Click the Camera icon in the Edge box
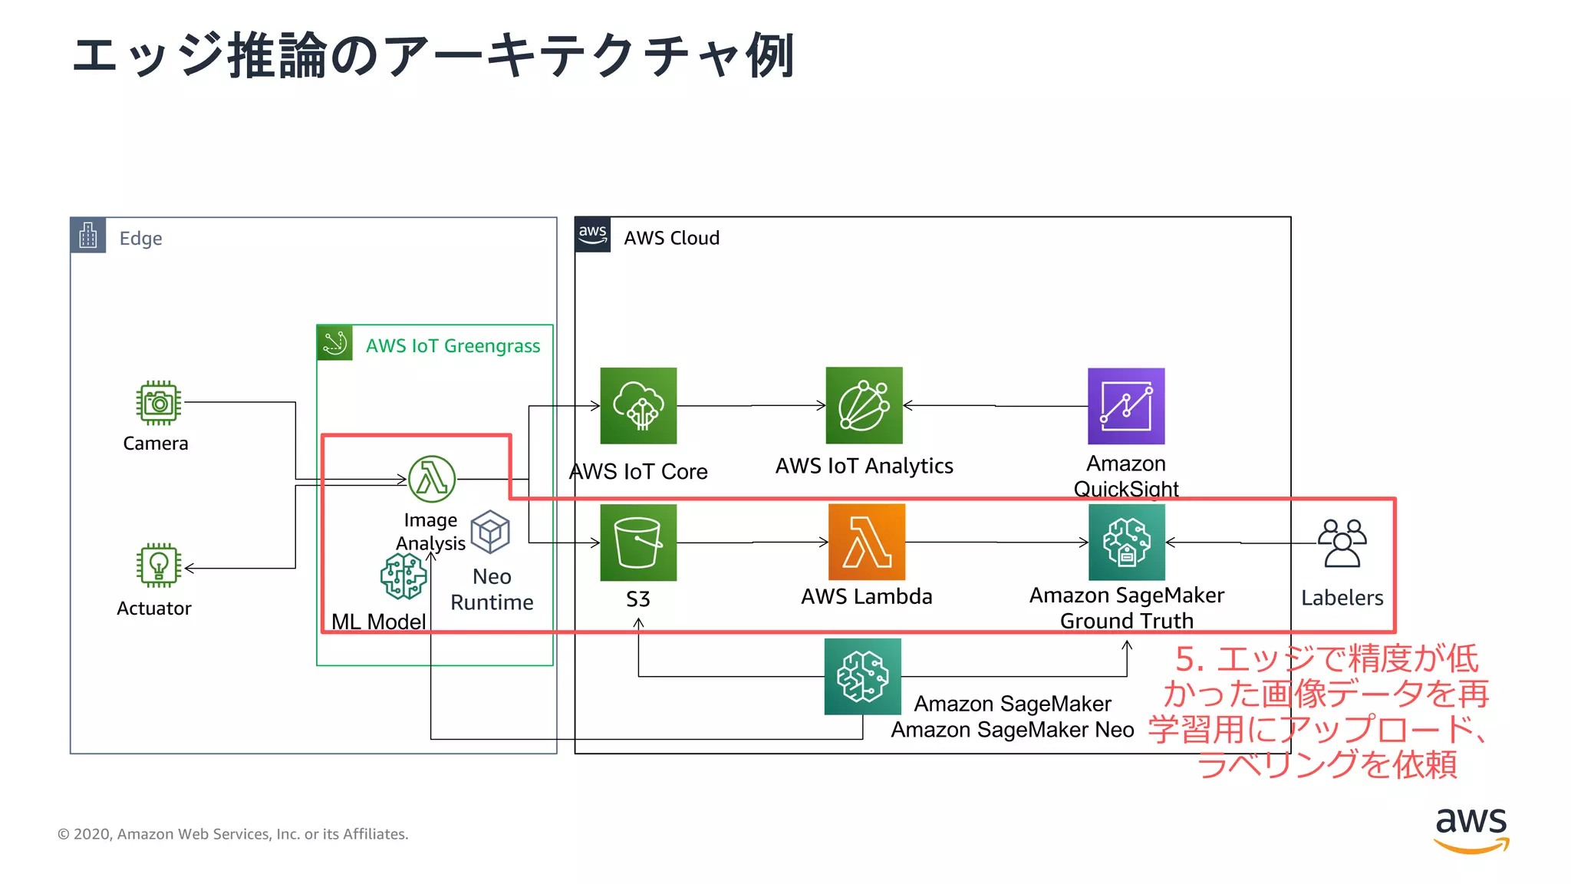(x=159, y=403)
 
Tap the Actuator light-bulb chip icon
(x=159, y=566)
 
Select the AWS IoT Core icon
(x=638, y=406)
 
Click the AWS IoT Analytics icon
(x=864, y=406)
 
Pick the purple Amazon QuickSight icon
(x=1126, y=406)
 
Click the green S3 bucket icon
(x=638, y=543)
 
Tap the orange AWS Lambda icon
(x=867, y=543)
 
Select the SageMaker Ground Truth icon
(x=1126, y=543)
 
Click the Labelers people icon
(x=1342, y=543)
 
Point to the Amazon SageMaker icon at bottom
(x=862, y=677)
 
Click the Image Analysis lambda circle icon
(x=432, y=479)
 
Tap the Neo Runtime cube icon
(x=490, y=532)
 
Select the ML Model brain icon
(x=403, y=576)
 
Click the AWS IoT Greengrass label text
(x=453, y=346)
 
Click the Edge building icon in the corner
(x=88, y=236)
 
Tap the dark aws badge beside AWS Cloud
(x=593, y=235)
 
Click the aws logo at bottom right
(x=1471, y=830)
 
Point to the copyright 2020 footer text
(x=233, y=834)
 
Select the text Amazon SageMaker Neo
(x=1012, y=730)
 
